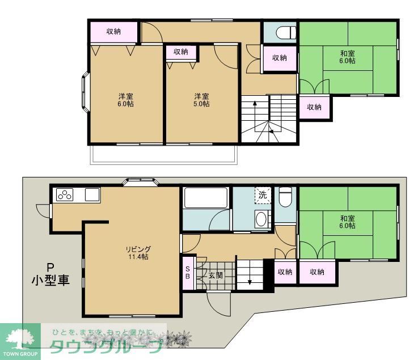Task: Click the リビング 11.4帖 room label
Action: tap(138, 252)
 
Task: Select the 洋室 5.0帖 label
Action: tap(201, 100)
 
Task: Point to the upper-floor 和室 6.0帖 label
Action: tap(348, 57)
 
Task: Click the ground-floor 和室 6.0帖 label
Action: tap(348, 222)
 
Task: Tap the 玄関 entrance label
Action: tap(216, 276)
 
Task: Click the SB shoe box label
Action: tap(188, 273)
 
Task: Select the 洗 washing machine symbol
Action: tap(263, 195)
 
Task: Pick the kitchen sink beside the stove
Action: tap(92, 194)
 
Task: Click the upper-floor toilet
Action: tap(285, 32)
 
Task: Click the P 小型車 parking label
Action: tap(50, 274)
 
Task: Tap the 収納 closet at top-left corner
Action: tap(113, 31)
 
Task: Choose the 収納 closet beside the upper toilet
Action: tap(279, 57)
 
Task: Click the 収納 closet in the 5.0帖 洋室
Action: tap(181, 52)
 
